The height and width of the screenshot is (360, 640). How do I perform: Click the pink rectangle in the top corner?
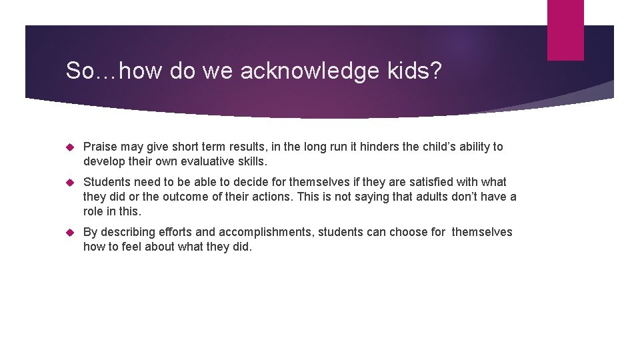(x=565, y=29)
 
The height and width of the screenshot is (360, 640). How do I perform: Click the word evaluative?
(x=207, y=161)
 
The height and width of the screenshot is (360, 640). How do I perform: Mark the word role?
(x=94, y=211)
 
